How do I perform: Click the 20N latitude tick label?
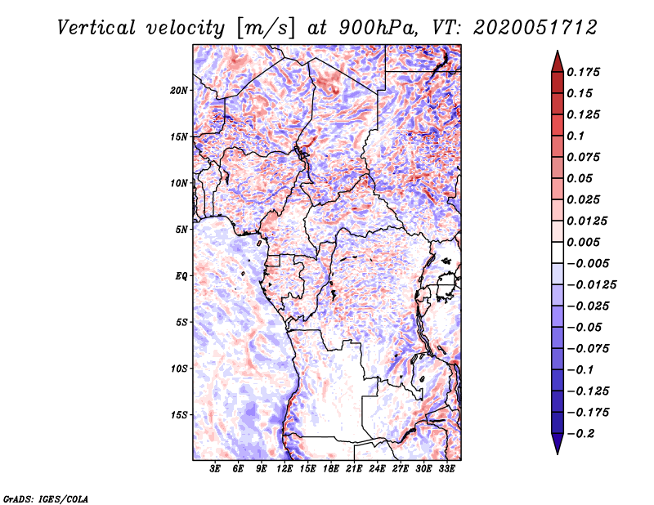coord(179,90)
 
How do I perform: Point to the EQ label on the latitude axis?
coord(181,275)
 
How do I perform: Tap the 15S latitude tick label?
coord(179,414)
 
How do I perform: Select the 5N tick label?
coord(181,230)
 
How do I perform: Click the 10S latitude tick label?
coord(179,369)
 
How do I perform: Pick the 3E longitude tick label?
coord(216,469)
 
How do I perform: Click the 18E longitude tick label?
coord(331,469)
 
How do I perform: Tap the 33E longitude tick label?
coord(446,469)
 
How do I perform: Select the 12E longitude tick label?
coord(284,469)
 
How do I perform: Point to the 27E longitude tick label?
coord(401,469)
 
